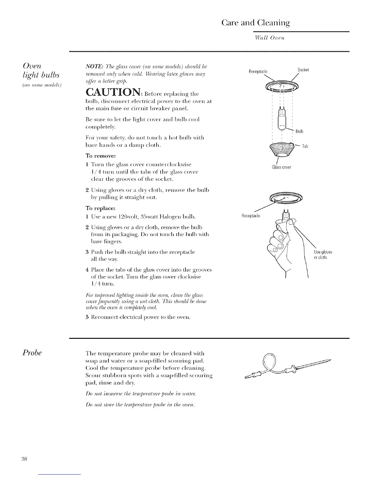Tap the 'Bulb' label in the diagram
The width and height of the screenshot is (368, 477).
point(299,131)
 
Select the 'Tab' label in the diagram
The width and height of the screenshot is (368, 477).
point(305,146)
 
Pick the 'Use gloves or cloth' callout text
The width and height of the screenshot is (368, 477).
point(323,255)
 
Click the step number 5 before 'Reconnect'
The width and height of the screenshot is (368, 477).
point(87,317)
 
